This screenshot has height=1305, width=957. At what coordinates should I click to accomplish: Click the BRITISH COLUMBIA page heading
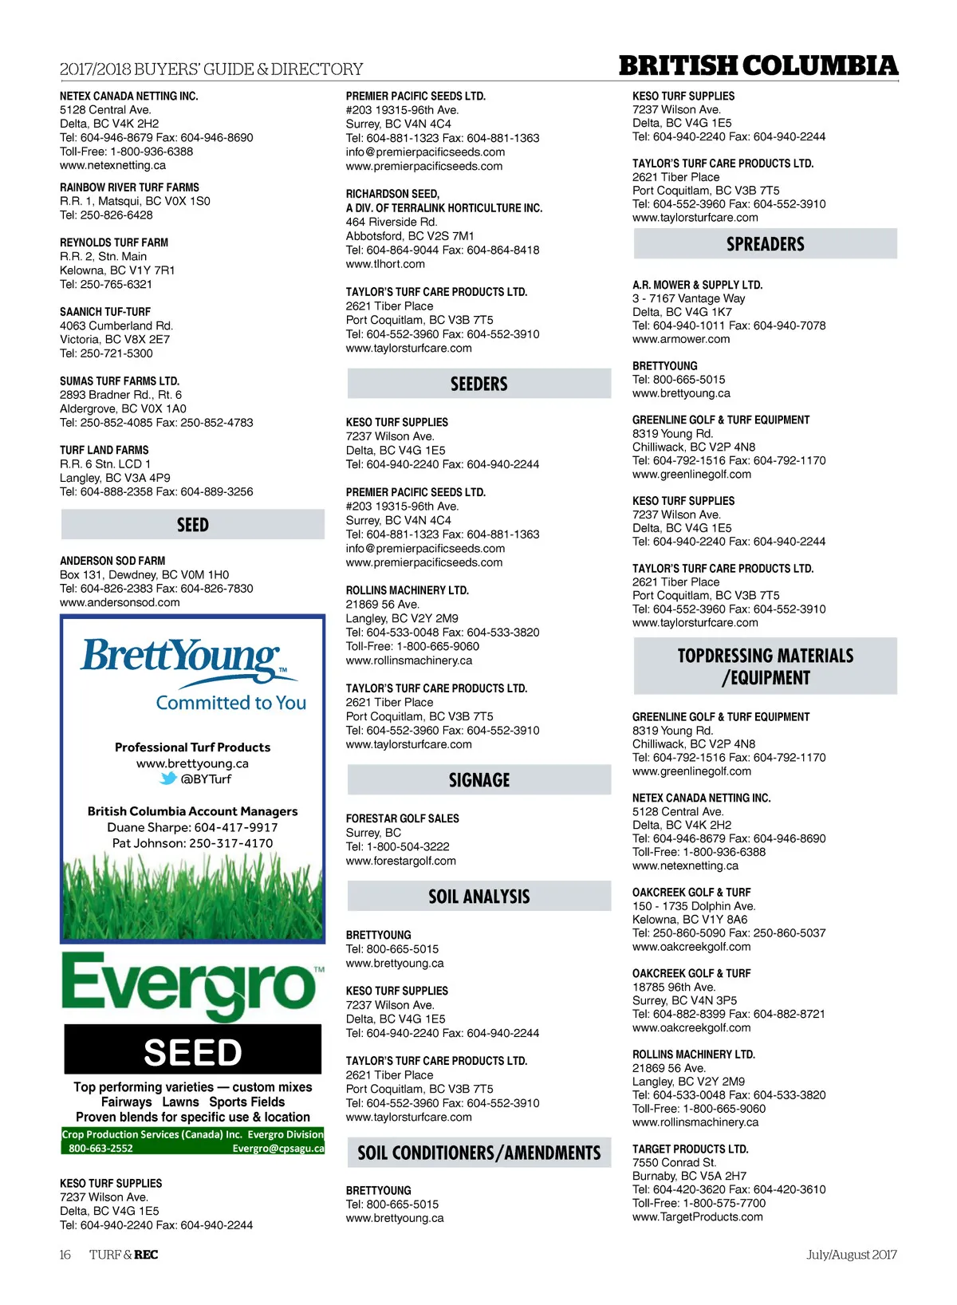click(758, 65)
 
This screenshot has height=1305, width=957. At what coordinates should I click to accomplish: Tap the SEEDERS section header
click(478, 384)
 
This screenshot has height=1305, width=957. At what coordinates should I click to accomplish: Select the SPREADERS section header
click(765, 244)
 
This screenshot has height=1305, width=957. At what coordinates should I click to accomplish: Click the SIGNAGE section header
click(478, 780)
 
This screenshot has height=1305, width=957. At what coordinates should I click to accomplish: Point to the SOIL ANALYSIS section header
click(478, 897)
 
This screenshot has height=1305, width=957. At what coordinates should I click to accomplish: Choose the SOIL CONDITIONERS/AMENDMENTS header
click(478, 1153)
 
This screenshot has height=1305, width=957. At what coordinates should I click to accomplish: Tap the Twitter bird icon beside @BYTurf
click(168, 779)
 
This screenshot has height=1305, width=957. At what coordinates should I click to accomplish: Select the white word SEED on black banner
click(193, 1053)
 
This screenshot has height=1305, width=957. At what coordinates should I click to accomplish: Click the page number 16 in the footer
click(65, 1255)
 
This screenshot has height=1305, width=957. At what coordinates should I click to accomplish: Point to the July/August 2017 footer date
click(851, 1255)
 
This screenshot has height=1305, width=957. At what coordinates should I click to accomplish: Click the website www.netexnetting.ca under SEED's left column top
click(112, 165)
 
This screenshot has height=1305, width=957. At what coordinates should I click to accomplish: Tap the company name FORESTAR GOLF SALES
click(402, 818)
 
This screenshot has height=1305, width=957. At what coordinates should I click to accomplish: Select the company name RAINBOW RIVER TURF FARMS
click(129, 187)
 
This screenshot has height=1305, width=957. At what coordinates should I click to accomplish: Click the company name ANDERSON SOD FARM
click(112, 561)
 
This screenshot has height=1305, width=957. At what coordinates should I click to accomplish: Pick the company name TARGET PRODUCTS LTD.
click(690, 1149)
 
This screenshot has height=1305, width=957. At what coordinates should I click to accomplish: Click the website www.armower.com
click(680, 339)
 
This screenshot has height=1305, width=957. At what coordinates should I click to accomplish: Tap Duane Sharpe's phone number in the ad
click(236, 827)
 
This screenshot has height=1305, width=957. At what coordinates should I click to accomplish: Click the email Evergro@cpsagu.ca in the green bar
click(278, 1149)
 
